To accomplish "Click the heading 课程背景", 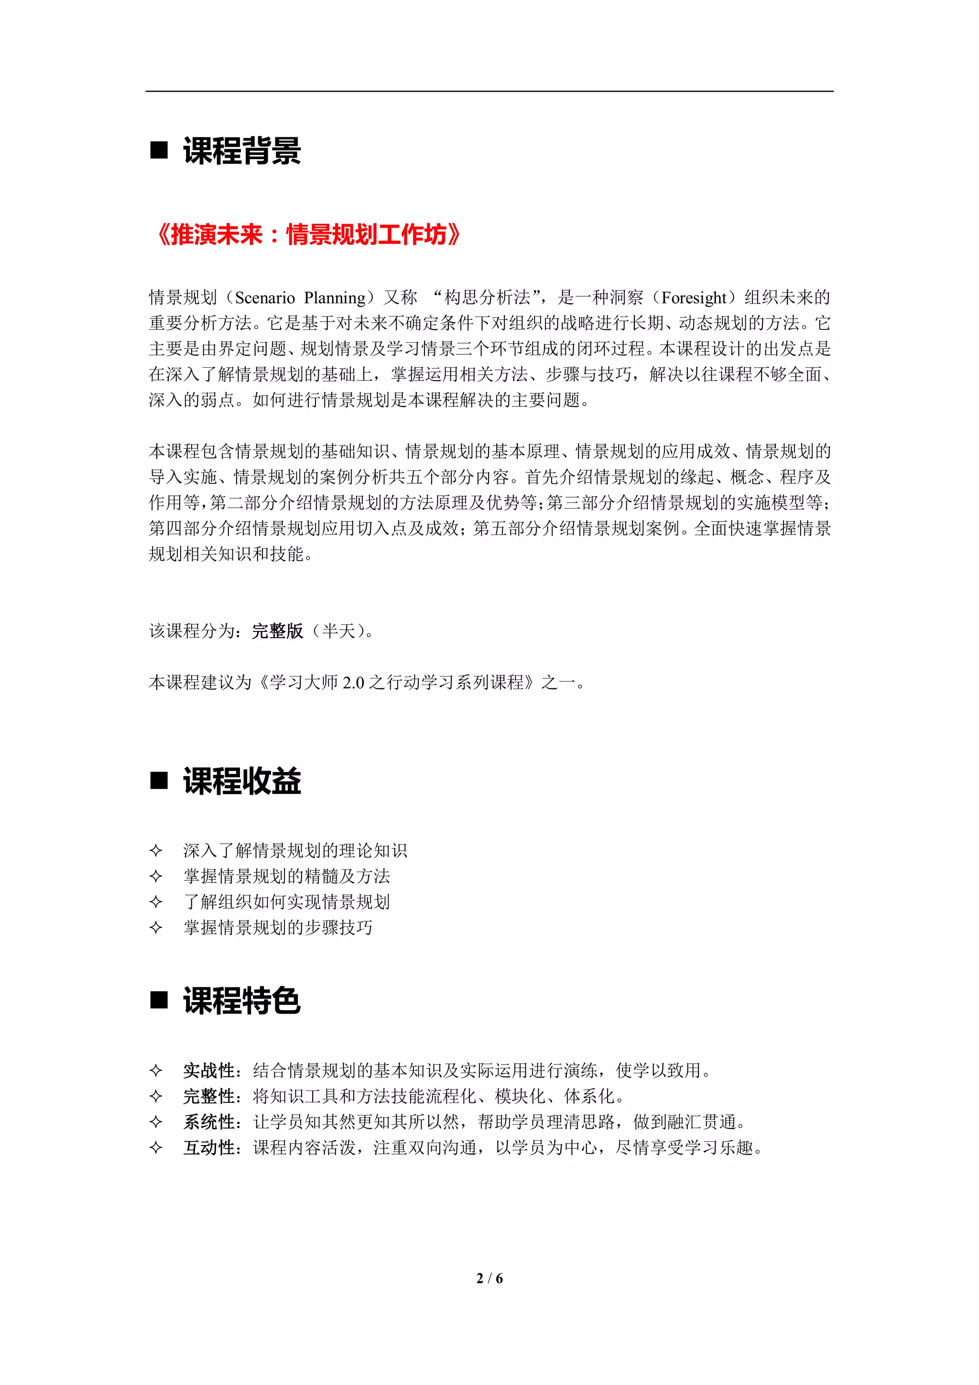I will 242,151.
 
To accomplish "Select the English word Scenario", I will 265,297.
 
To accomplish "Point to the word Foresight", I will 694,297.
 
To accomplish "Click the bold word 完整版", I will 277,631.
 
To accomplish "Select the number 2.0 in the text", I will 353,682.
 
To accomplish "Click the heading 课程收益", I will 242,781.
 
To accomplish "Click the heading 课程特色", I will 242,1000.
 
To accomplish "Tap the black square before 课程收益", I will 159,781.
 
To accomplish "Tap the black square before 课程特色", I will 159,1000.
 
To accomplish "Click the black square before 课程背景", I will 159,150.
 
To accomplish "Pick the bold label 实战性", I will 209,1070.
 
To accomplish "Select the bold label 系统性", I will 209,1122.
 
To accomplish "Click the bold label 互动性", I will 209,1147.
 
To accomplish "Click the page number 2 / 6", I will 489,1278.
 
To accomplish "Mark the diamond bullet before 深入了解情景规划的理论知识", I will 156,851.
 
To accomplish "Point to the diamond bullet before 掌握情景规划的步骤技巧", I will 156,927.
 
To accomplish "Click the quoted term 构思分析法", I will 487,297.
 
